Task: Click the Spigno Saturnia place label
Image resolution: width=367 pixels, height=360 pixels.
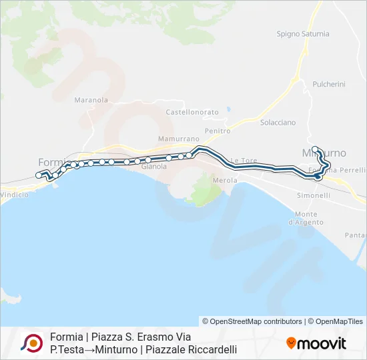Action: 303,33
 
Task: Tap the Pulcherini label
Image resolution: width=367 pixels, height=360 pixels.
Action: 329,85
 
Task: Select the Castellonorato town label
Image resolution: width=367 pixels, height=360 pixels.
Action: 192,112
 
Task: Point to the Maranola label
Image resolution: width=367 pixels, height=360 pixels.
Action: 91,100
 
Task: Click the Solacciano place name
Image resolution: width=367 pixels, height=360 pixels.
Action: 278,123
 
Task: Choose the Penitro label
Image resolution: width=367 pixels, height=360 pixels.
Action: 218,131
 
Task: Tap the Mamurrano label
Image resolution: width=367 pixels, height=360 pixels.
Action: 175,139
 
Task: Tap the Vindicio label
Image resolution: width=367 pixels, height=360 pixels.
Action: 13,195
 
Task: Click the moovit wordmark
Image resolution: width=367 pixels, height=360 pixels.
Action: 322,343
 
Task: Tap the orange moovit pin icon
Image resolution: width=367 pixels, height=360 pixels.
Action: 291,343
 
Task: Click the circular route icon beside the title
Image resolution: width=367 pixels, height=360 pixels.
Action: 32,343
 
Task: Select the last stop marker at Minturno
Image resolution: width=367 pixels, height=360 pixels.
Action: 315,149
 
